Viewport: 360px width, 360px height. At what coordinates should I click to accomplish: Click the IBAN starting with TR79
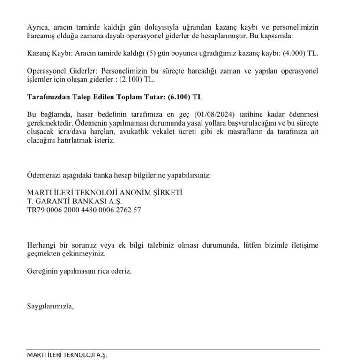[84, 210]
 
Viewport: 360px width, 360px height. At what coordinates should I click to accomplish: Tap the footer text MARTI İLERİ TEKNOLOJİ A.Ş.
[67, 355]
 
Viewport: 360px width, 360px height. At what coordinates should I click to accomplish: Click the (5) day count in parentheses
[151, 53]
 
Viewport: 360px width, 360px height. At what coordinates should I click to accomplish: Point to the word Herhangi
[41, 245]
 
